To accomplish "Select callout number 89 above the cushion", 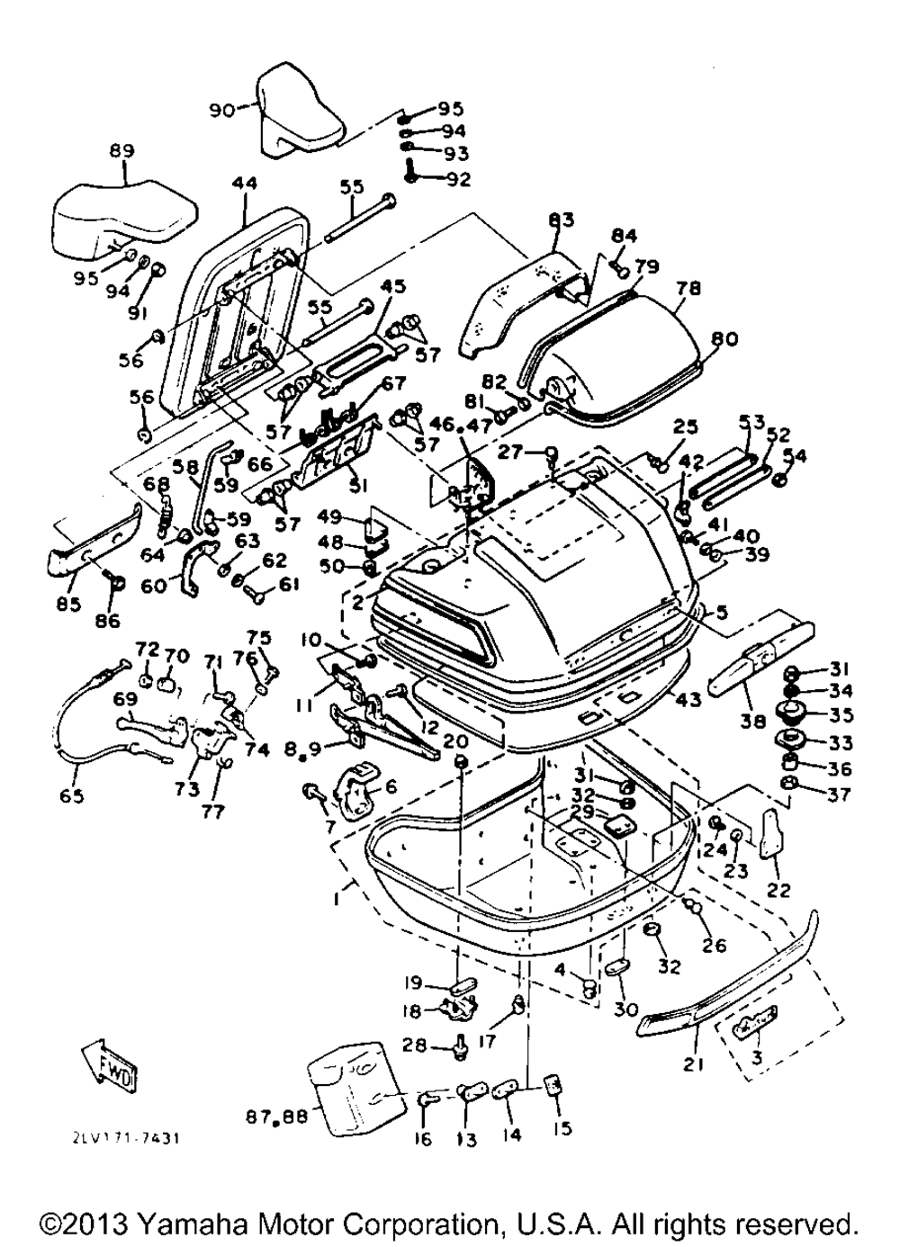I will point(121,151).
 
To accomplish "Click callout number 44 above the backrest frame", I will point(244,184).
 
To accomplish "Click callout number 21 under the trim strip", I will point(692,1065).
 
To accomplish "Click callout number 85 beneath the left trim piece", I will point(67,604).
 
